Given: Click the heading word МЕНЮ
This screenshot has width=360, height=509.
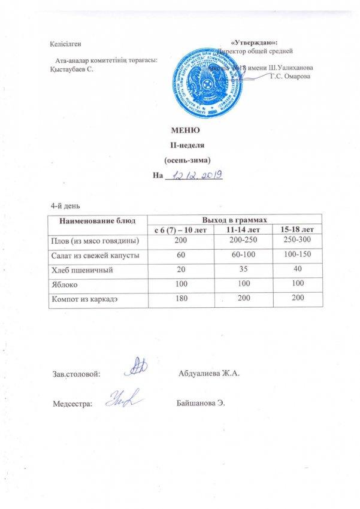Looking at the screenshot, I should click(x=184, y=131).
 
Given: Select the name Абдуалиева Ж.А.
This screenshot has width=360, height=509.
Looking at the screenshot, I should click(x=209, y=374).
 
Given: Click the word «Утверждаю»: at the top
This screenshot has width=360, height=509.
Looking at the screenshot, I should click(x=255, y=43).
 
